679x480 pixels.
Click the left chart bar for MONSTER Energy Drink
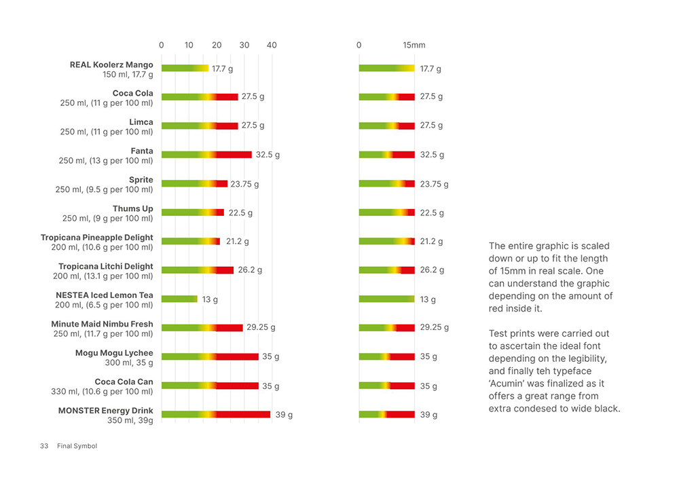(x=216, y=414)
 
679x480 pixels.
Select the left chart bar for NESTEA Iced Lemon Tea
(x=179, y=299)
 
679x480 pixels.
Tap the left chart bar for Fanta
(x=206, y=155)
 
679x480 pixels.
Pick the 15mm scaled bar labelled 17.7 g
(x=386, y=69)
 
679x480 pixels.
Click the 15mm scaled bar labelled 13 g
(x=386, y=299)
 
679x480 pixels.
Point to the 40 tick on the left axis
(x=272, y=45)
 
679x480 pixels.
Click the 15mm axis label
(x=414, y=45)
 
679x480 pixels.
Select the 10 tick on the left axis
(x=189, y=45)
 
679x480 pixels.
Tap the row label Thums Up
(x=133, y=209)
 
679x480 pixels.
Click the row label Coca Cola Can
(x=124, y=382)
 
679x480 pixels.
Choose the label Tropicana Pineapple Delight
(x=97, y=238)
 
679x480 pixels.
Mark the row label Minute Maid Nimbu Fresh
(x=102, y=325)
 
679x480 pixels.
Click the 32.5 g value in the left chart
(x=268, y=155)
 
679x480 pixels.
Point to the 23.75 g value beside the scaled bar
(x=434, y=184)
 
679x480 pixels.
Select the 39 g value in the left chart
(x=283, y=415)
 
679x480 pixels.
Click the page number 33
(x=44, y=446)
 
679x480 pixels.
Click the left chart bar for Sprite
(x=194, y=183)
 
